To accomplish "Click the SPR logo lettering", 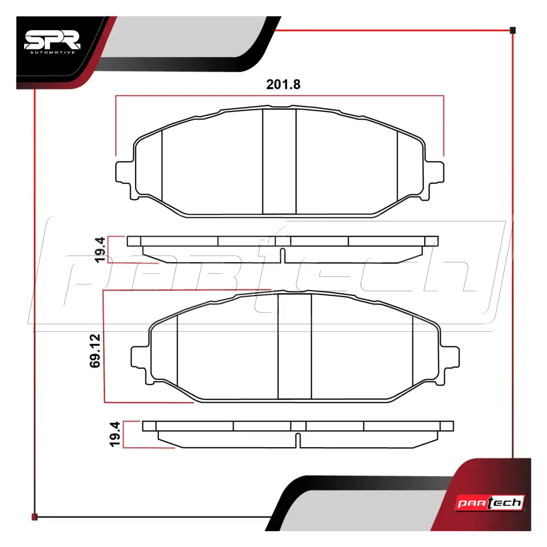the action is (x=52, y=40).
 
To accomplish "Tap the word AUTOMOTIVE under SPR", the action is (x=52, y=52).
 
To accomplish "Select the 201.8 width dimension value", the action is (x=283, y=85).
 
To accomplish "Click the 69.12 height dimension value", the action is (x=95, y=351).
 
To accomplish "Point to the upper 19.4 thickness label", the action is (x=100, y=250).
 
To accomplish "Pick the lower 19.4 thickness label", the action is (x=115, y=434).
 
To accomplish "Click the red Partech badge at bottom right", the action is (x=490, y=503).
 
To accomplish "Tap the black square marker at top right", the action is (x=513, y=31).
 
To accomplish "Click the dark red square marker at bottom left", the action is (x=35, y=517).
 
